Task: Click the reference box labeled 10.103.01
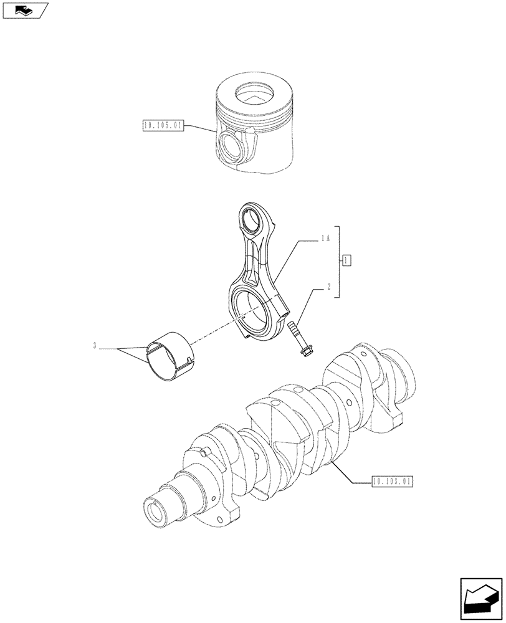click(391, 482)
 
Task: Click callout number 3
click(95, 346)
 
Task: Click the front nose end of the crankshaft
click(157, 510)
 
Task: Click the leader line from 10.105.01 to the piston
click(201, 131)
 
